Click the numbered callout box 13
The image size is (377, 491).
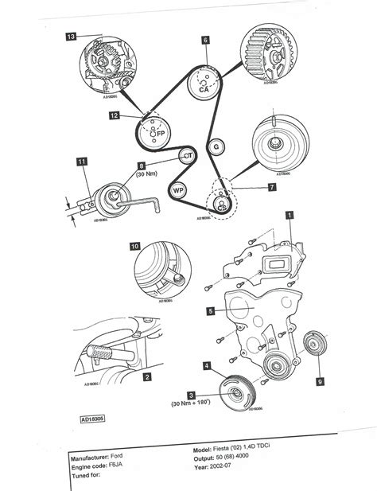click(72, 37)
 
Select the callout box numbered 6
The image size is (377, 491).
click(205, 39)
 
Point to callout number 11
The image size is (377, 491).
click(82, 162)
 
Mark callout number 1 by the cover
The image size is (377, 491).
click(290, 214)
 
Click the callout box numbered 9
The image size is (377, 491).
click(321, 381)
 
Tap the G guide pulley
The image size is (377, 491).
click(214, 147)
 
